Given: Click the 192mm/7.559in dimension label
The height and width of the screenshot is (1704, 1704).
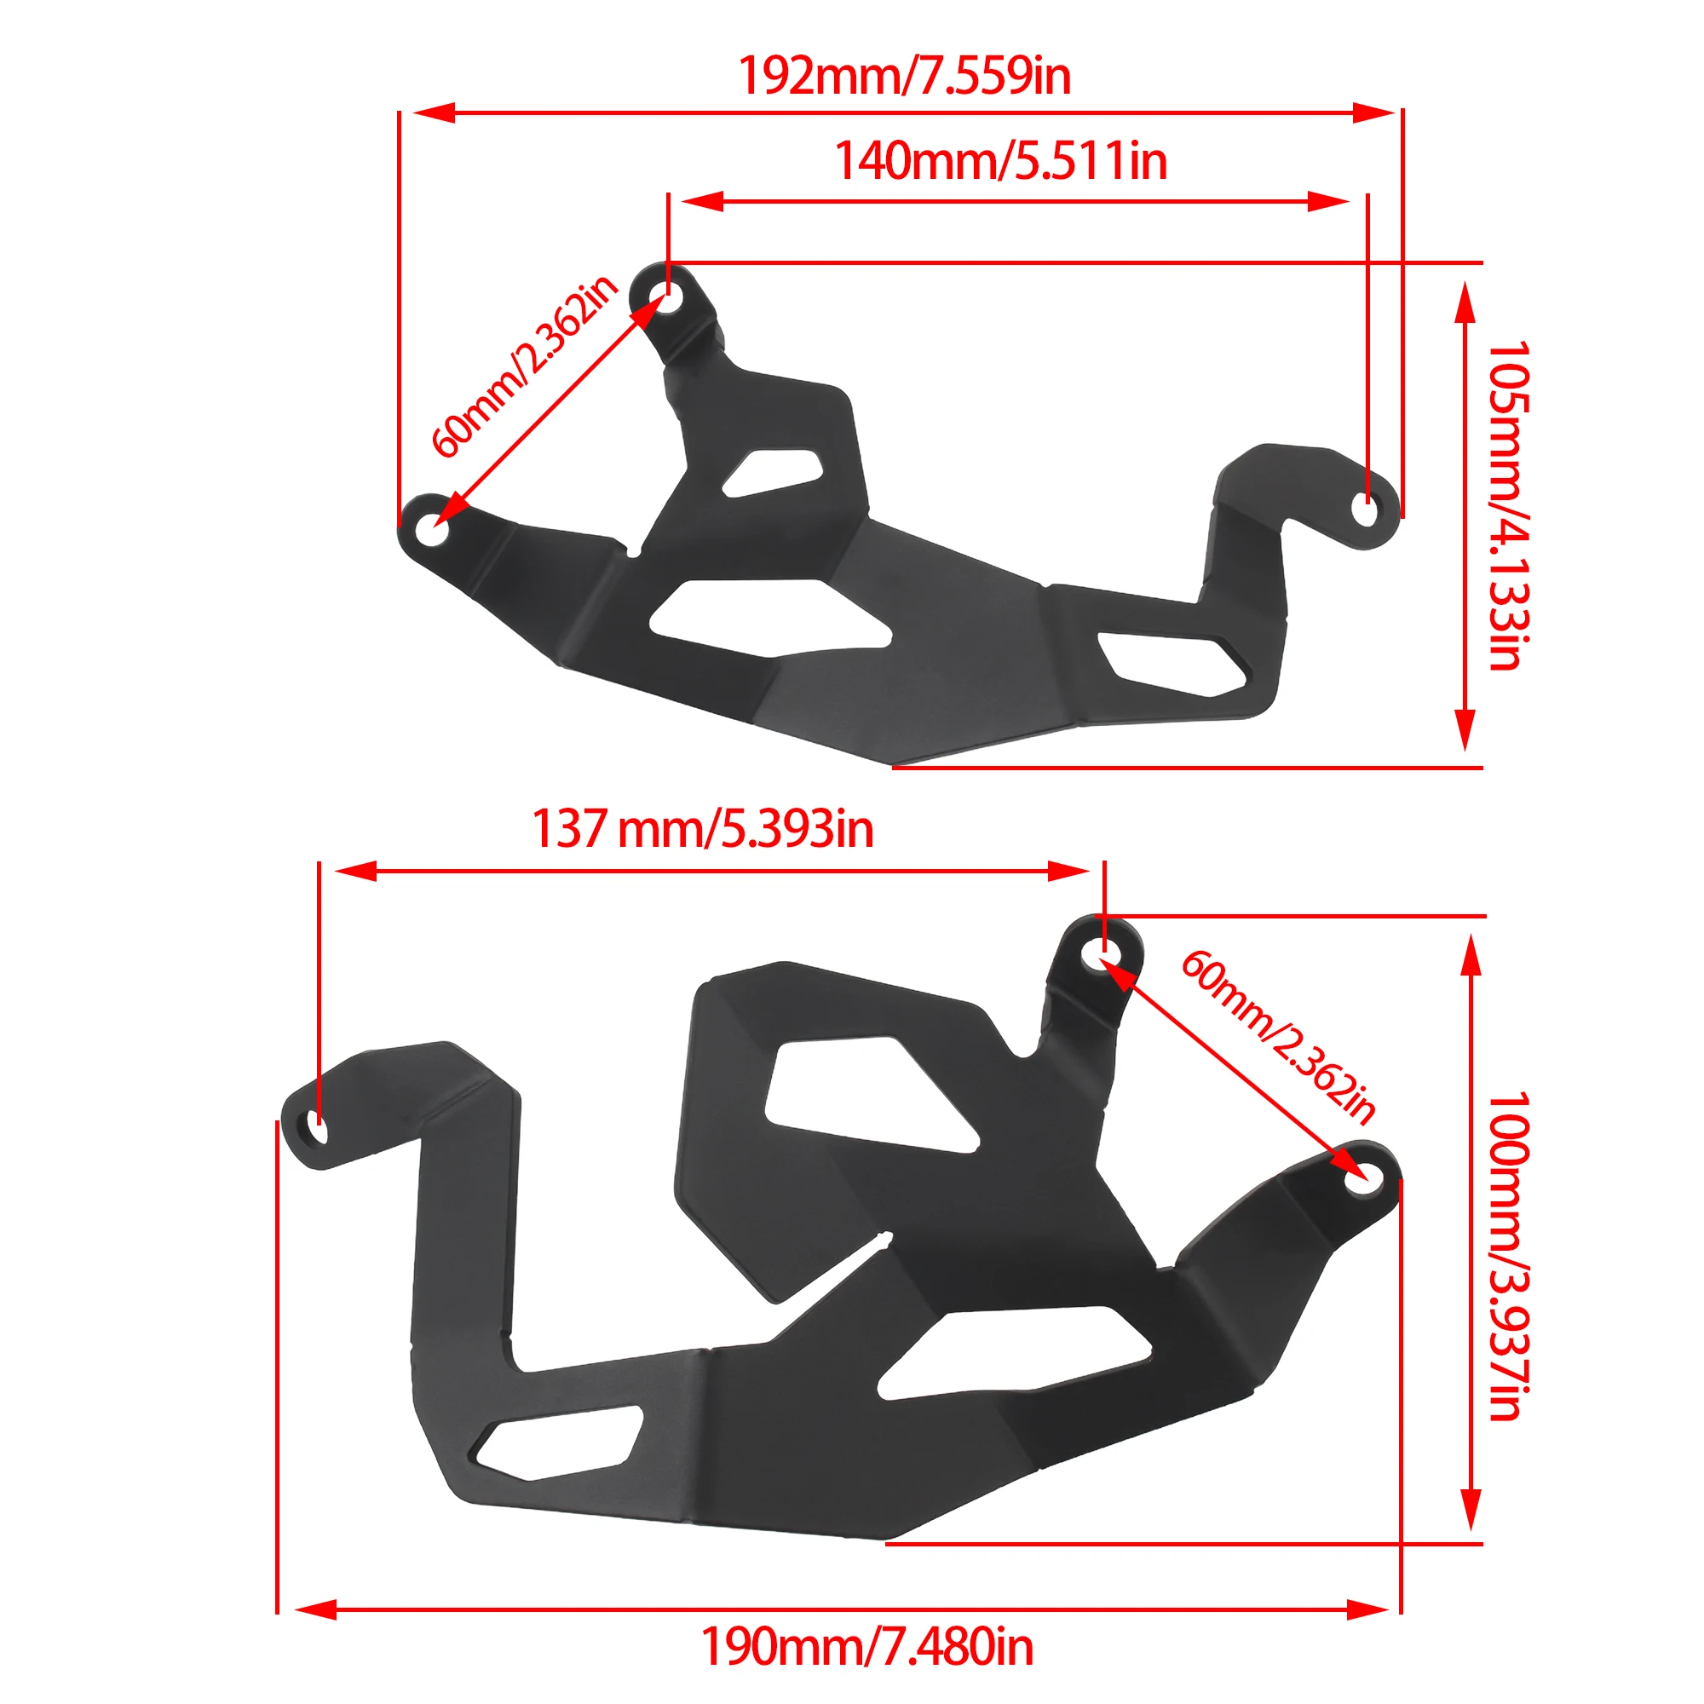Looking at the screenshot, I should coord(903,76).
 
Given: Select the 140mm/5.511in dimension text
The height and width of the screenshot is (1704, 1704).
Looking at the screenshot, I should coord(1000,161).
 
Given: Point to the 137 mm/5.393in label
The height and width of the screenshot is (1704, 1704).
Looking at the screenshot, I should coord(702,830).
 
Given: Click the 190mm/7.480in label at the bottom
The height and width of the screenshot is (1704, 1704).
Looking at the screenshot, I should coord(866,1647).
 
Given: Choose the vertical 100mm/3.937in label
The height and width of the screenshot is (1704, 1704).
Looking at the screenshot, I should coord(1507,1256).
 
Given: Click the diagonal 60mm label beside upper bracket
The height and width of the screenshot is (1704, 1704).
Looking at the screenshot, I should coord(524,366).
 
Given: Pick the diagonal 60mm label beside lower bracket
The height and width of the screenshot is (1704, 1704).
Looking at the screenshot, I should coord(1278,1037).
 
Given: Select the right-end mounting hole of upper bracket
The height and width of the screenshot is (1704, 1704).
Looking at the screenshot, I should coord(1365,509).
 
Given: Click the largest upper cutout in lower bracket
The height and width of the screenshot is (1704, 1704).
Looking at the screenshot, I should coord(869,1094).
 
